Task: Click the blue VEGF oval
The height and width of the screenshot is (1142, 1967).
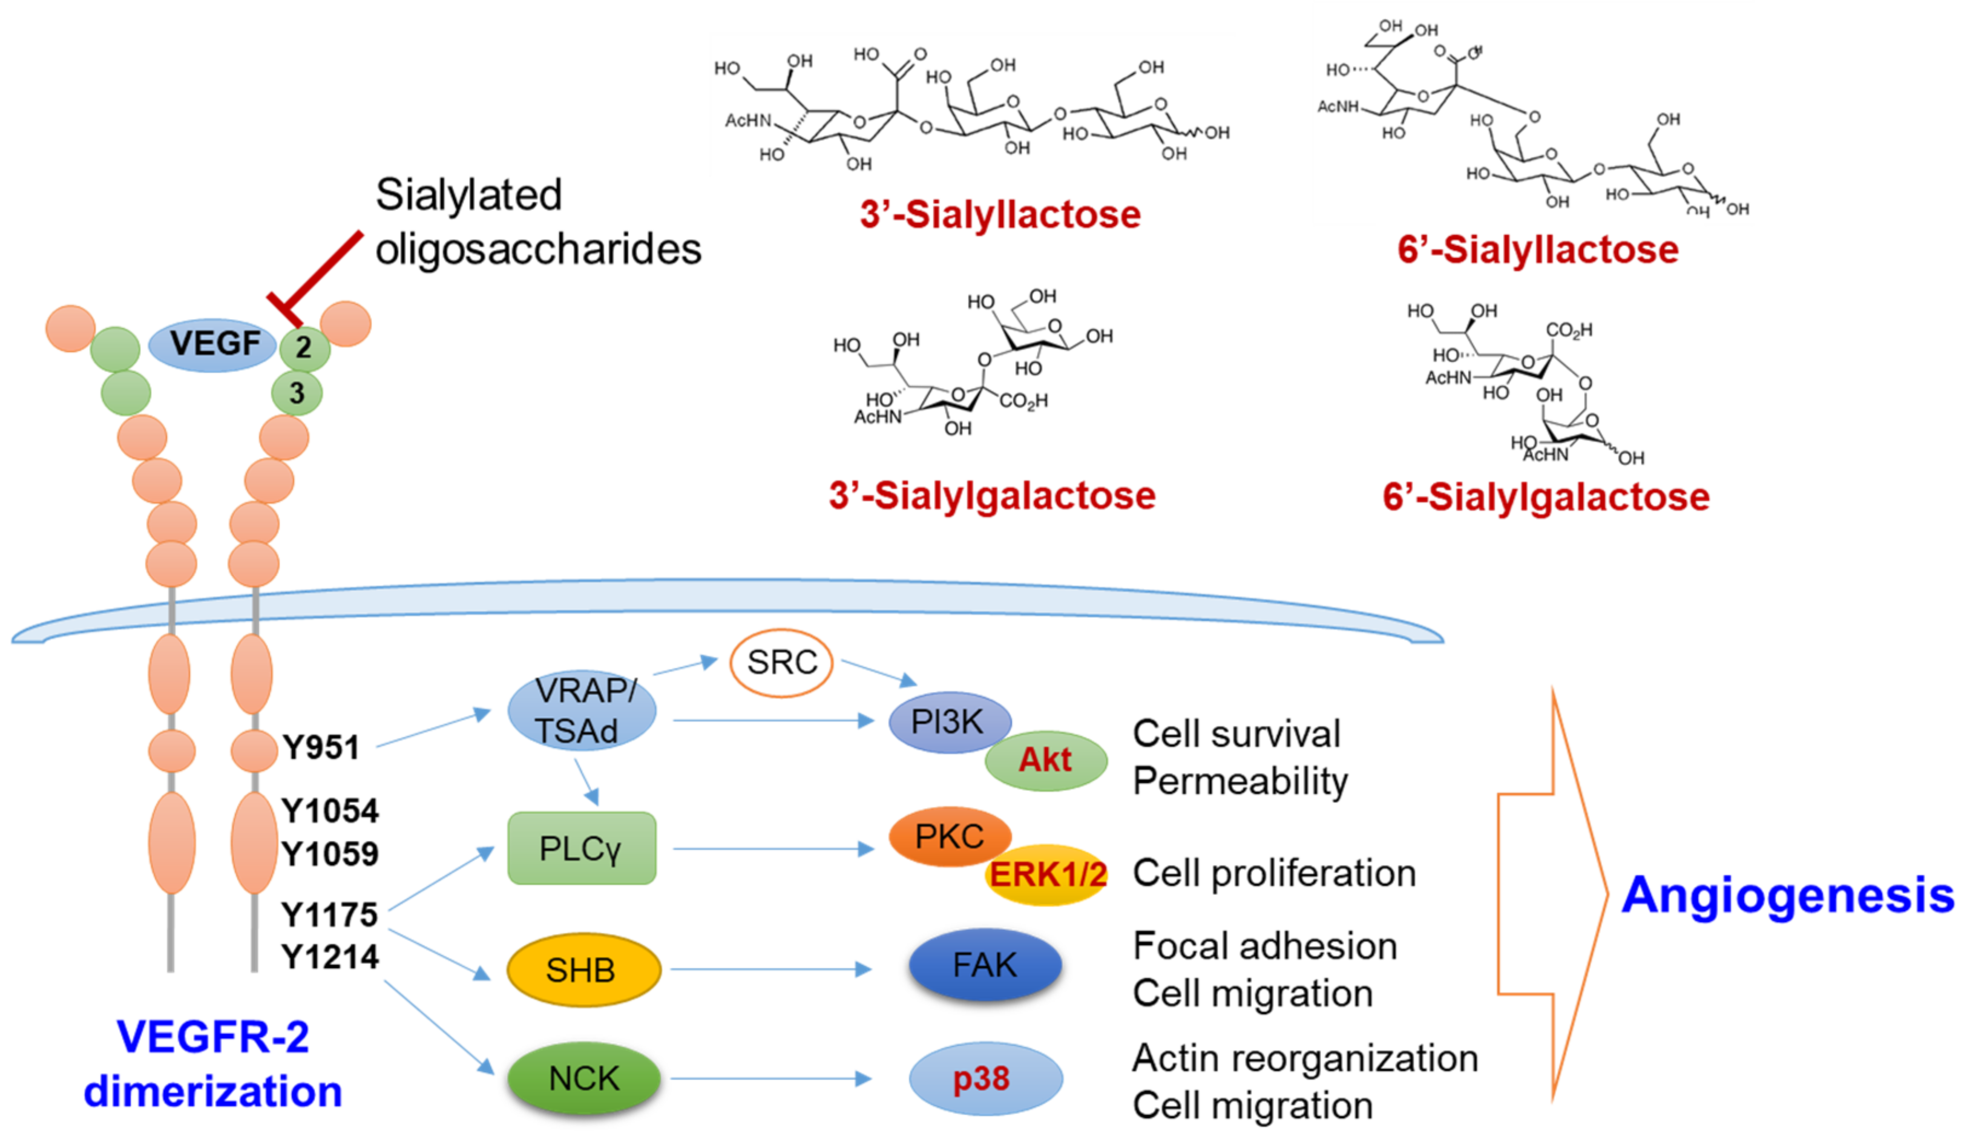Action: pos(212,344)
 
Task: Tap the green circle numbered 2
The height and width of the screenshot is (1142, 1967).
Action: pos(304,347)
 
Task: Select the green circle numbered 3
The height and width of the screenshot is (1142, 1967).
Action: pos(297,393)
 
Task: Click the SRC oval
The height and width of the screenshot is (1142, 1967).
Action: pos(781,663)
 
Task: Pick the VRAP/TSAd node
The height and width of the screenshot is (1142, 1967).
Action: pos(582,711)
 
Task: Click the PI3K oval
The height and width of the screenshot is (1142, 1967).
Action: pos(948,722)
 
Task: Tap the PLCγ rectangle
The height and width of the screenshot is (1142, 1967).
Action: pos(582,848)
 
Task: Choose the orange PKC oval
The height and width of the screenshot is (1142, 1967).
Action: pos(949,837)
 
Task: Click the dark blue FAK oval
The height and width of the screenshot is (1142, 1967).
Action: pos(985,966)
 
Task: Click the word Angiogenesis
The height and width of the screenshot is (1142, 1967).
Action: pos(1787,895)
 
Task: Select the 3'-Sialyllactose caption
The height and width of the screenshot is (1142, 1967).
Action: pos(1000,215)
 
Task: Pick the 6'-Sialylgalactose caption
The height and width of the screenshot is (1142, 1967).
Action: pos(1546,497)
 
